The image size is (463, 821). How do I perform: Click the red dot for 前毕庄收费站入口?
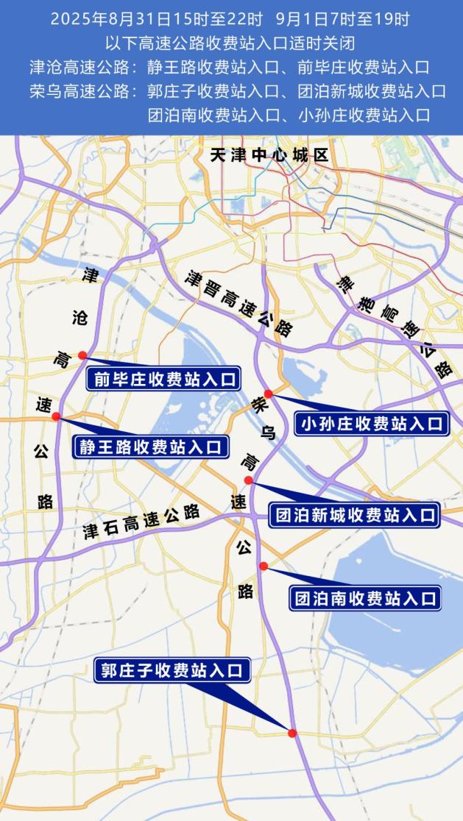[x=82, y=355]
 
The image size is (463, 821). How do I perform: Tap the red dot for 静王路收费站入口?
[x=56, y=416]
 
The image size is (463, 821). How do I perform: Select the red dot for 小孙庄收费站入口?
[x=269, y=394]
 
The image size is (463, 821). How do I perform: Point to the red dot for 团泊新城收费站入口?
[x=249, y=480]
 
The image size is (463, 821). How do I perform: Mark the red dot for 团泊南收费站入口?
[x=263, y=565]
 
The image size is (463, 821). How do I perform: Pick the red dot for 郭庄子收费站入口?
[x=292, y=733]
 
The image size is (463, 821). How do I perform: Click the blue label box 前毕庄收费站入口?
[x=163, y=379]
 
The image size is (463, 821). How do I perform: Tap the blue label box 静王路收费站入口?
[x=150, y=447]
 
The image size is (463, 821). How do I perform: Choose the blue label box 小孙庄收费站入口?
[x=372, y=424]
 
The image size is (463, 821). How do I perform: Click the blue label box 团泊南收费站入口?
[x=364, y=597]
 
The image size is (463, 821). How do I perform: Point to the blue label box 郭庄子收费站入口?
[x=172, y=670]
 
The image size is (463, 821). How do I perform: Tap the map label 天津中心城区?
[x=268, y=156]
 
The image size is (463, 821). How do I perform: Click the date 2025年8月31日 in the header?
[x=100, y=20]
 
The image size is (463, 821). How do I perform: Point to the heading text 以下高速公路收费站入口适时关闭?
[x=230, y=43]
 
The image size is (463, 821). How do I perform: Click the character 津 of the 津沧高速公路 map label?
[x=91, y=275]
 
